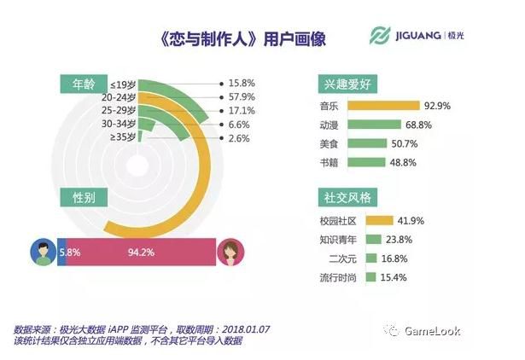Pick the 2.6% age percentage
pos(240,137)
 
